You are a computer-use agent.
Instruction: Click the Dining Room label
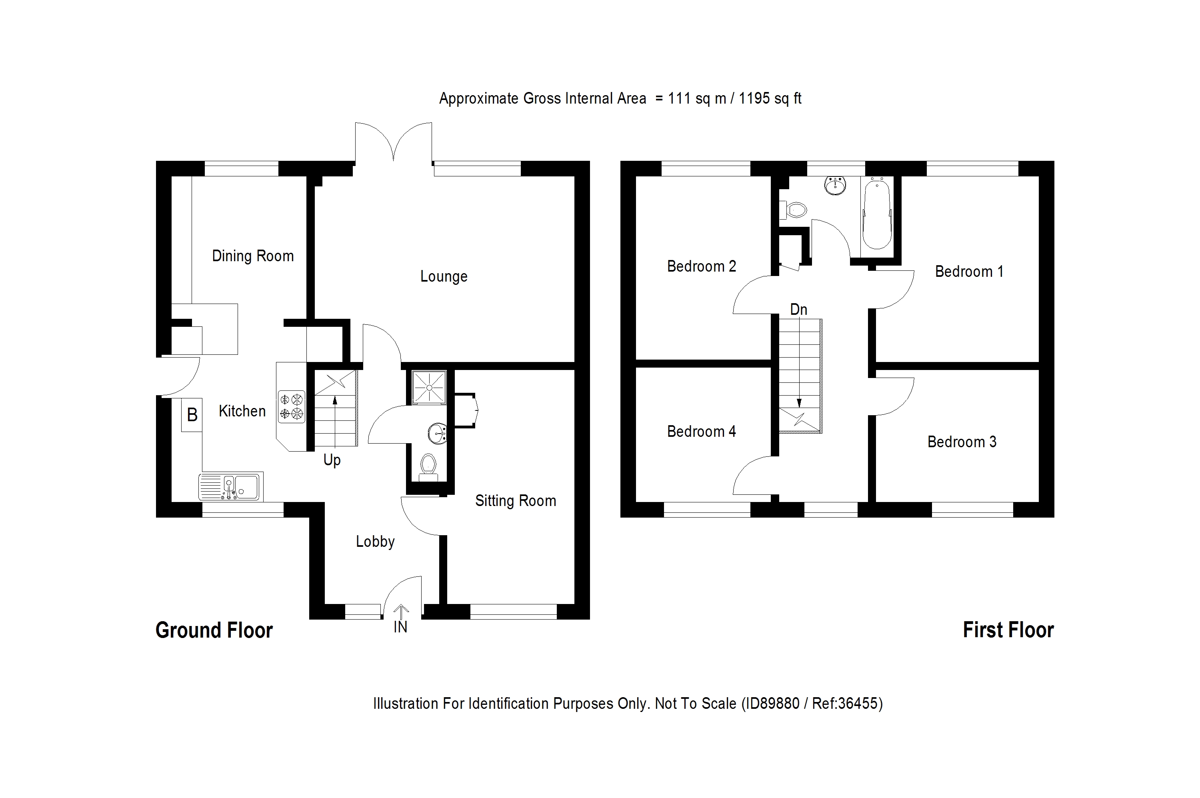click(x=252, y=256)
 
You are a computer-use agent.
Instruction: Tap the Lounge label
click(x=443, y=276)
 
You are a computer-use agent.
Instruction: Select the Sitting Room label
click(x=515, y=501)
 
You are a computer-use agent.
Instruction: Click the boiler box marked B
click(x=192, y=415)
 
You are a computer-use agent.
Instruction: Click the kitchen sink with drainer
click(x=230, y=486)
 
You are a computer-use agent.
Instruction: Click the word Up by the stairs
click(x=332, y=460)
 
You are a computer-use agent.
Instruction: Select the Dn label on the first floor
click(x=798, y=310)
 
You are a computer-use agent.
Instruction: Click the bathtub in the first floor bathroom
click(x=877, y=213)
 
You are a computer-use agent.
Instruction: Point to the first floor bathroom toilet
click(x=793, y=210)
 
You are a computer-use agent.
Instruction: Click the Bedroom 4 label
click(x=701, y=432)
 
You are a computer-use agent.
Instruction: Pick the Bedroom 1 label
click(x=969, y=271)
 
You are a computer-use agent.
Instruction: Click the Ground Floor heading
click(x=214, y=630)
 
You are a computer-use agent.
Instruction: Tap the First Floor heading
click(x=1008, y=630)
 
